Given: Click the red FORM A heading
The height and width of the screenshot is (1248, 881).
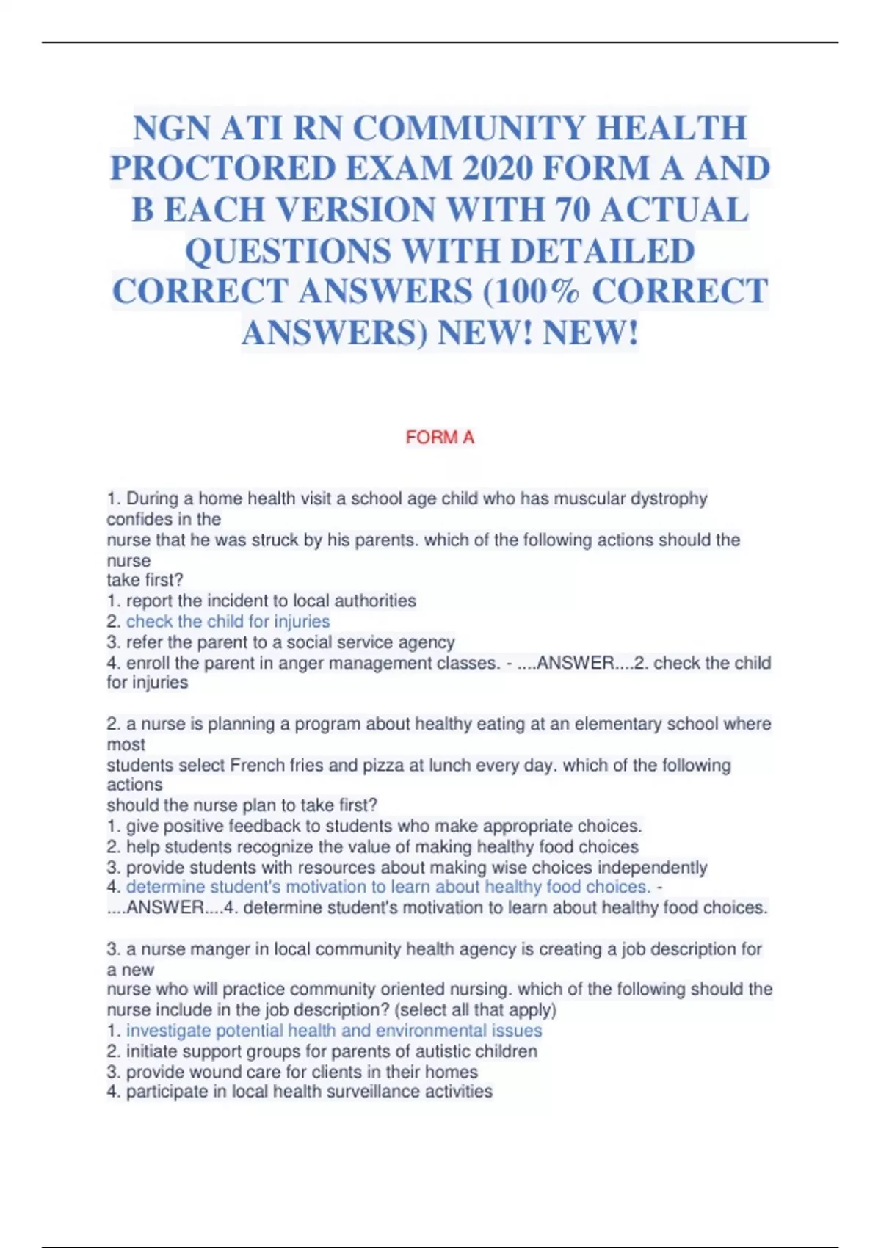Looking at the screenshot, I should (x=440, y=438).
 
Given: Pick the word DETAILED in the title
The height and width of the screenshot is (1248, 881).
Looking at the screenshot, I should (x=602, y=251).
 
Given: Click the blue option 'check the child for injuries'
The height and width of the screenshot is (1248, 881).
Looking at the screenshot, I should (x=228, y=622).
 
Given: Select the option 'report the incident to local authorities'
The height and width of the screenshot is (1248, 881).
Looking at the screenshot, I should (x=270, y=601).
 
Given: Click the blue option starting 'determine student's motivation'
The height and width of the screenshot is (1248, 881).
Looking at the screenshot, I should (x=388, y=888).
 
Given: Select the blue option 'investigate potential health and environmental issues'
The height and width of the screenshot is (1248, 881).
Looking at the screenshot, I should (x=333, y=1031).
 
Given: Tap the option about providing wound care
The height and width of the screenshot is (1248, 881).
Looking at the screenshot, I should (x=301, y=1072).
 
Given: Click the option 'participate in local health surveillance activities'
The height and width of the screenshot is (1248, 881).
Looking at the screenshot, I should (x=308, y=1092).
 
